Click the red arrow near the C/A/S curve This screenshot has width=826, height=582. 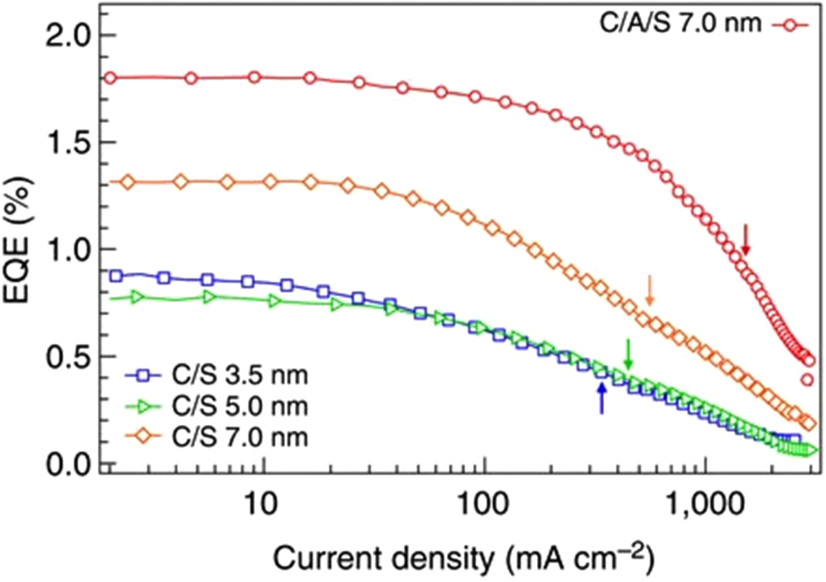point(746,240)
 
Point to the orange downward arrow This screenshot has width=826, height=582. point(648,291)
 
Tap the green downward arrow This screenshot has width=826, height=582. point(628,353)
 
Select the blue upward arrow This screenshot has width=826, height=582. point(601,398)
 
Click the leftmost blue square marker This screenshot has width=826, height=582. point(117,276)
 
